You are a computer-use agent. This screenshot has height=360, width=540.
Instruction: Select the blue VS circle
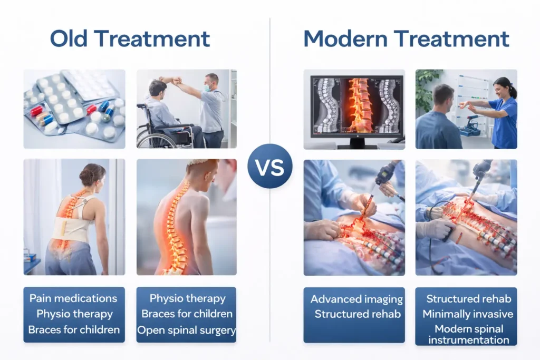tap(269, 166)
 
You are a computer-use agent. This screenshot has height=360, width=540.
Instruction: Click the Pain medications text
tap(73, 298)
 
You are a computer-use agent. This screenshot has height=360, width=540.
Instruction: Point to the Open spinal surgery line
tap(186, 330)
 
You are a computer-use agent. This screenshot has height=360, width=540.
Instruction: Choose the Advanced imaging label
tap(356, 299)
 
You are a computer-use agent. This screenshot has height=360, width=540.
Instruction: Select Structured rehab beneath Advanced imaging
tap(356, 314)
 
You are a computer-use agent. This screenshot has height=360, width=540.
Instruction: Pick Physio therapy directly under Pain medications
tap(74, 314)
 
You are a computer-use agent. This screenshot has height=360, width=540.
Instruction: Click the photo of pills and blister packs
tap(74, 109)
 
